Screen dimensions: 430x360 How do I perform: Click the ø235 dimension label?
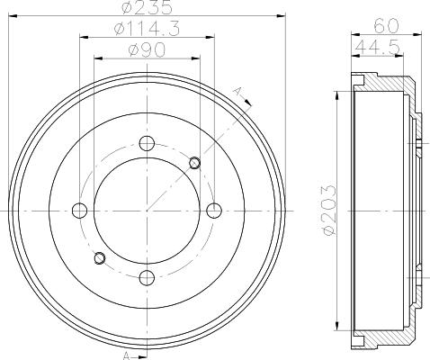coord(148,7)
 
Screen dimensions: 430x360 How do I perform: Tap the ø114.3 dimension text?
coord(148,29)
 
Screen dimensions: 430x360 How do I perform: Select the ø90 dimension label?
coord(147,49)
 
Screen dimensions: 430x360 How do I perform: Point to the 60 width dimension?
coord(387,26)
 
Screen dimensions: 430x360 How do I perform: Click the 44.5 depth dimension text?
coord(378,47)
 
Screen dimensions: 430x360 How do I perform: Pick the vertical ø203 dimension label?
coord(328,210)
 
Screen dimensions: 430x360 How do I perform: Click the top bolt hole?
coord(147,144)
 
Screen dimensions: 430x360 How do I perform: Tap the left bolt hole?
coord(80,211)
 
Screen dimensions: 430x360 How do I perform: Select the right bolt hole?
coord(214,211)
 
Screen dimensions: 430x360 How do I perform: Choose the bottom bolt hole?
coord(147,278)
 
